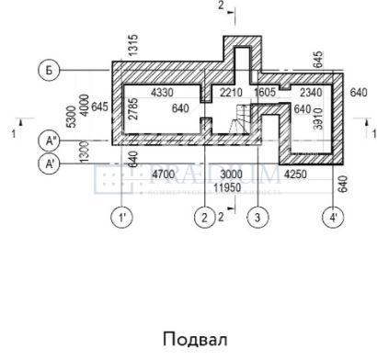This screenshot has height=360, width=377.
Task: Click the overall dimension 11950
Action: coord(226,186)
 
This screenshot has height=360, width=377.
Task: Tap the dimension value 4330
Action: coord(162,94)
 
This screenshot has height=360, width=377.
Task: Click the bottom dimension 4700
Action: coord(163,174)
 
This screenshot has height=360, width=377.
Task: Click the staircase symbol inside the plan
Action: coord(240,119)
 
